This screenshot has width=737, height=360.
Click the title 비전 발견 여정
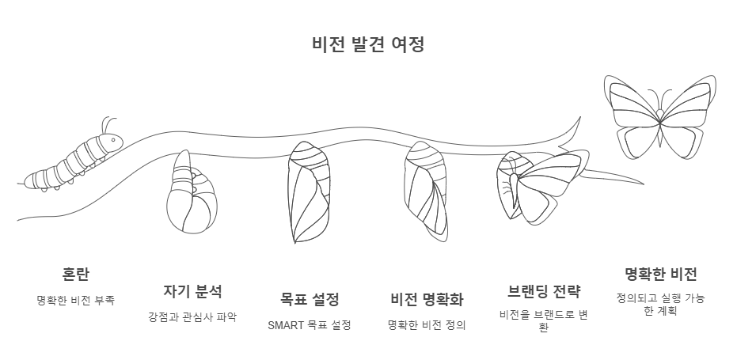pos(368,44)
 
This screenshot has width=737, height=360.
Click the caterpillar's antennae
pos(106,124)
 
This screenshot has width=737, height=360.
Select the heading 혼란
pos(76,275)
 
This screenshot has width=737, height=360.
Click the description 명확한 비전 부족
pos(76,301)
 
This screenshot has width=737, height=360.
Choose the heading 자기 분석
pos(192,291)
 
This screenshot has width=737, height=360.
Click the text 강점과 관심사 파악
pos(192,317)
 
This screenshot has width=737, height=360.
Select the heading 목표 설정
pos(310,300)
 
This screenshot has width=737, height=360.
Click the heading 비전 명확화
pos(427,300)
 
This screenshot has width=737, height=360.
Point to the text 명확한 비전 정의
pos(427,325)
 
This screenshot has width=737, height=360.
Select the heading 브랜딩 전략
pos(544,291)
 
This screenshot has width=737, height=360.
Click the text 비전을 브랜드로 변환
pos(544,321)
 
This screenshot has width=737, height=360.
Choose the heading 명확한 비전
pos(661,275)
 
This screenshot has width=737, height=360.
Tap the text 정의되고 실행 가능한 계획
pos(661,305)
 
